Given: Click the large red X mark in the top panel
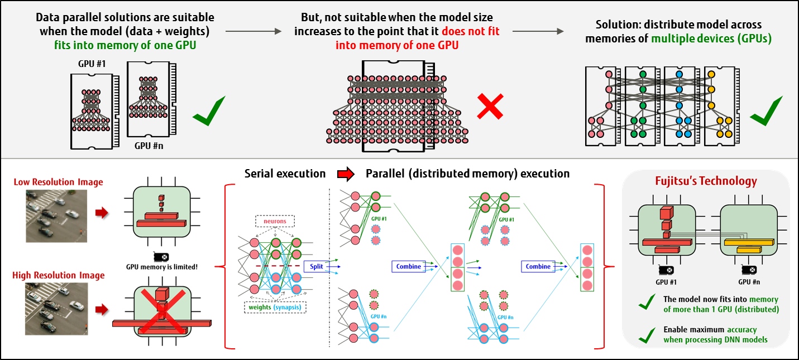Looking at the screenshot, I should [490, 106].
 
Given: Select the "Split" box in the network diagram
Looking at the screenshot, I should [317, 267].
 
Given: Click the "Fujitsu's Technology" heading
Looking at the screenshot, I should [706, 181].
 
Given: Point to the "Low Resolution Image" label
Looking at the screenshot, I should [59, 182].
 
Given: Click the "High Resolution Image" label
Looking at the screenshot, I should [59, 276].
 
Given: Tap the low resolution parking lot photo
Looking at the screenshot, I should [56, 215].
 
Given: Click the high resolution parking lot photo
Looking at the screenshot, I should [56, 309].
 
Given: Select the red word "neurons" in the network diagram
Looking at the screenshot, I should [274, 221].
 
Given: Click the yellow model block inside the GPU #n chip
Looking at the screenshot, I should [748, 243].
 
